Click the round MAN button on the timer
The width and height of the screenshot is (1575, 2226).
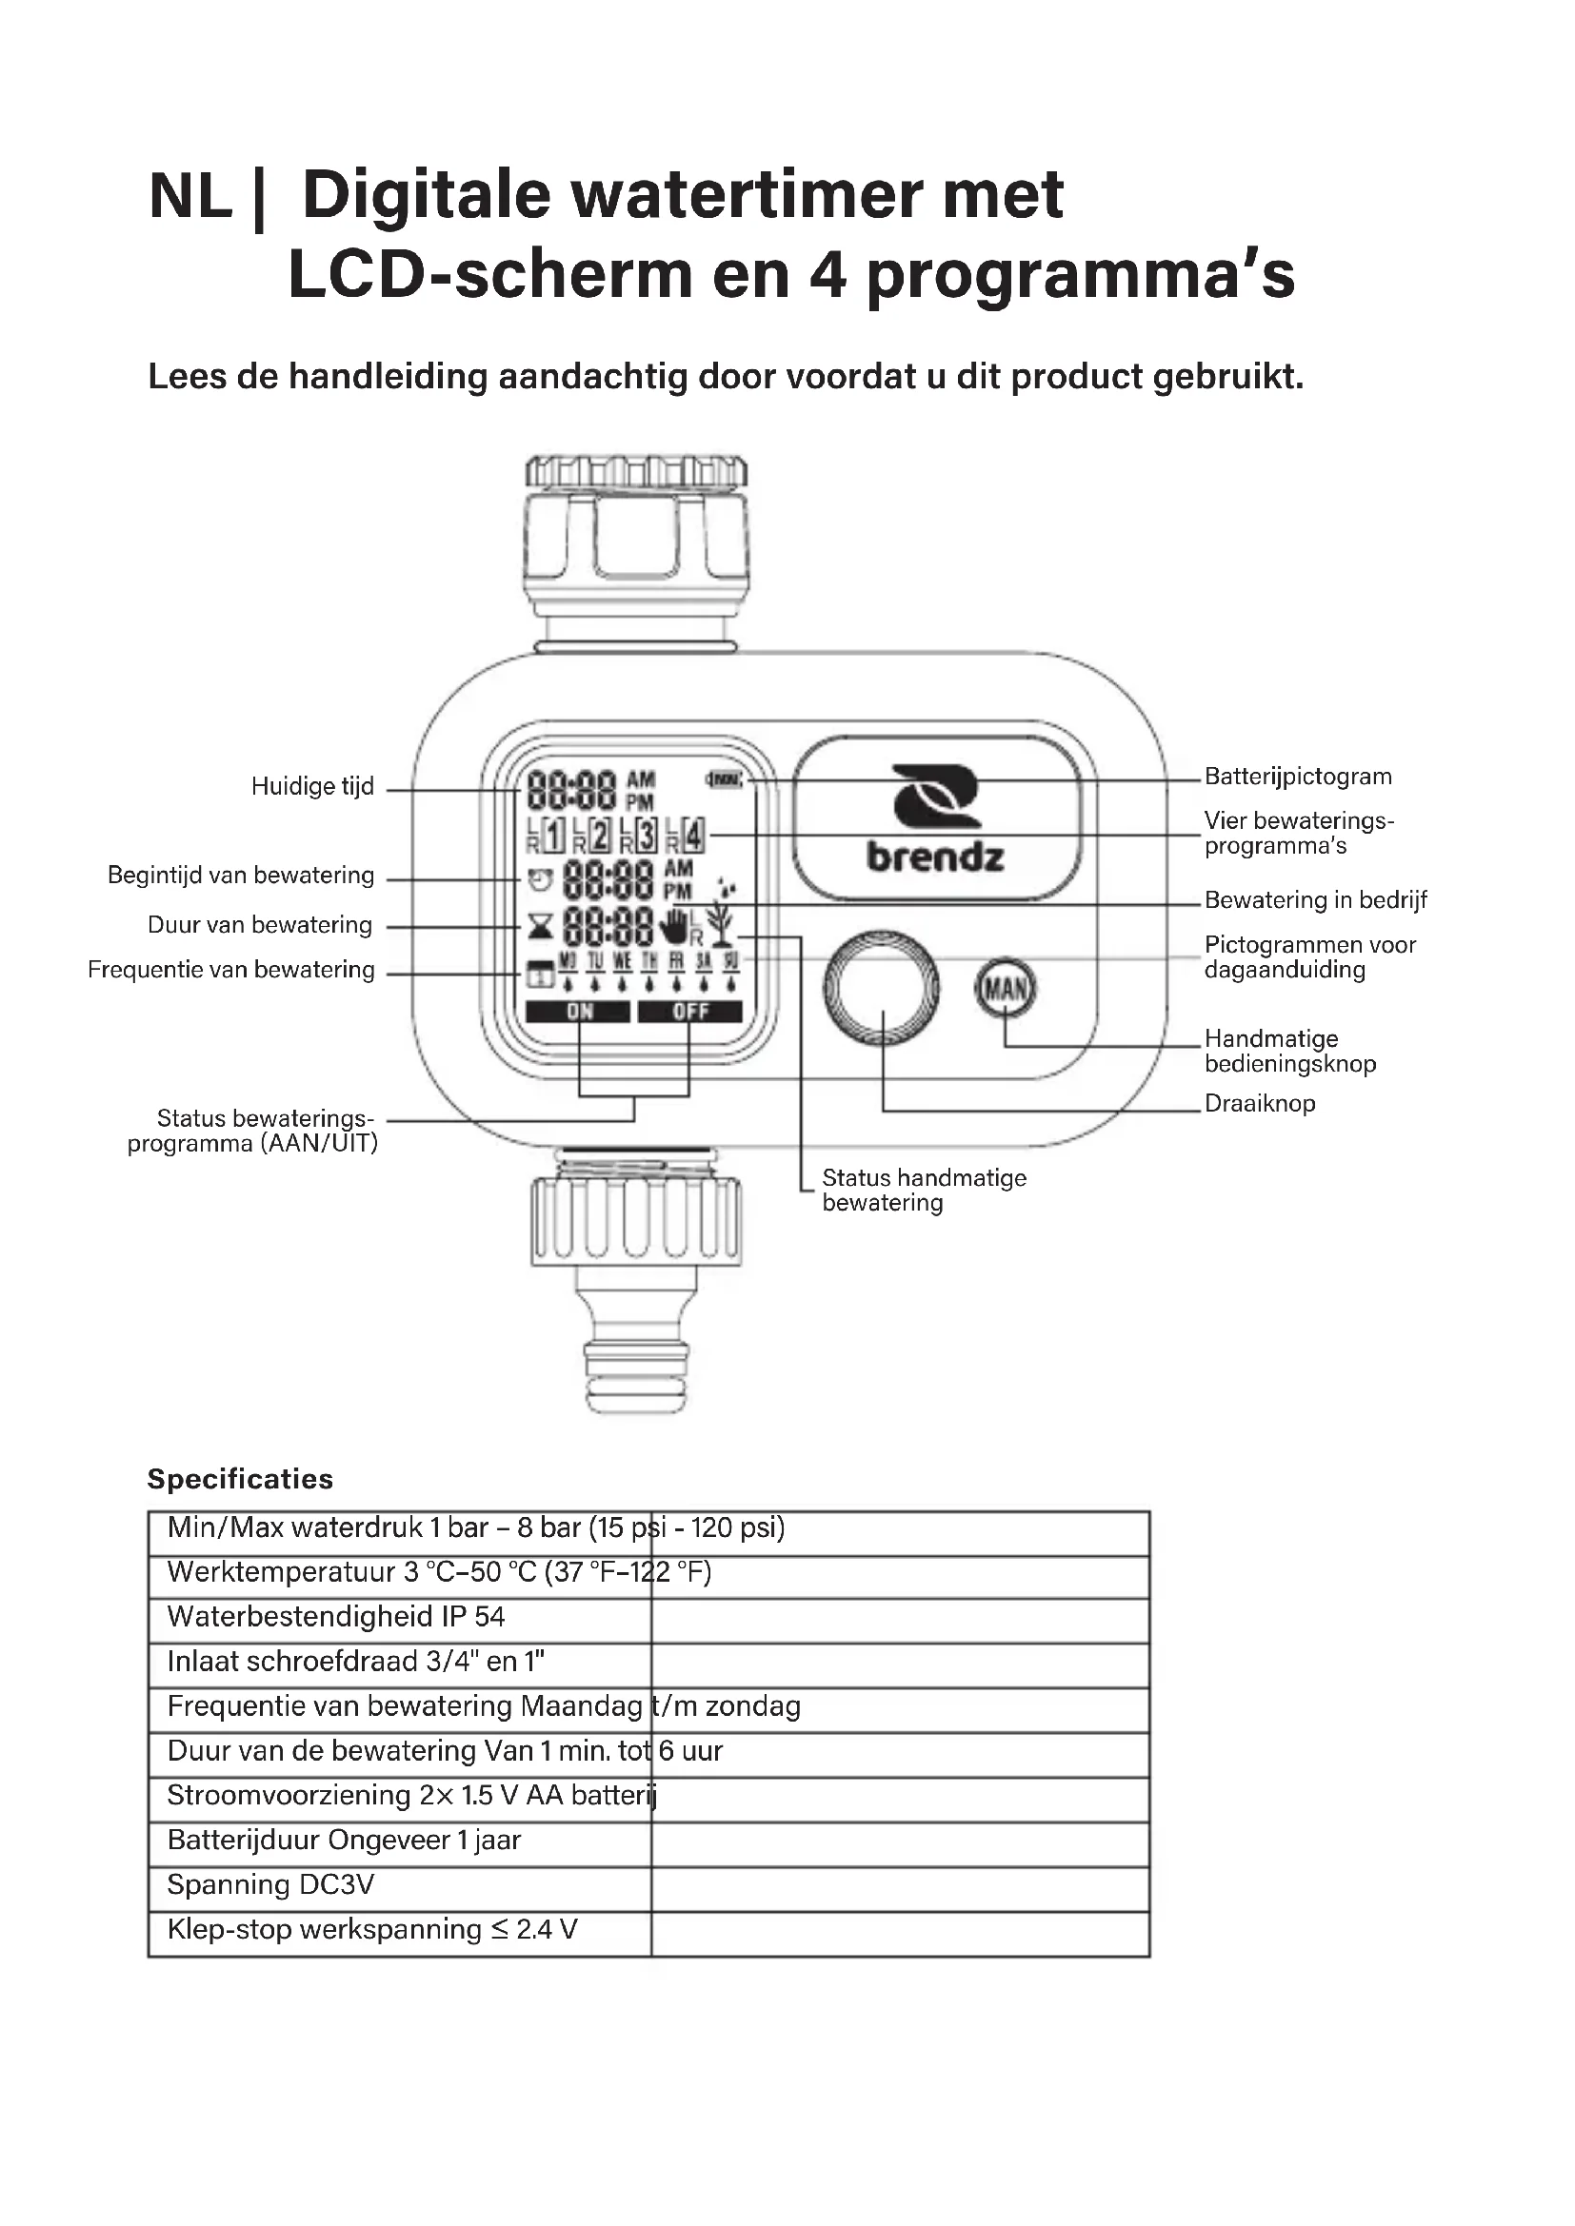point(1005,988)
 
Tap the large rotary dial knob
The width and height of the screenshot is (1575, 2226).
point(882,988)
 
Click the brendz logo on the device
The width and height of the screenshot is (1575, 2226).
point(936,818)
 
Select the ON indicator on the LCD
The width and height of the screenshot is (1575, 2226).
point(580,1013)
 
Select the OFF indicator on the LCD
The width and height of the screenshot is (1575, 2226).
point(690,1013)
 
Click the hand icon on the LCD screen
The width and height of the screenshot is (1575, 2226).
point(673,926)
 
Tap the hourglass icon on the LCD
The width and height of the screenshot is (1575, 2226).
point(540,927)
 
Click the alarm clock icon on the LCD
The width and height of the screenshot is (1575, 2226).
point(540,880)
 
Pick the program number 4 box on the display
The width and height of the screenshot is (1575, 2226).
point(693,835)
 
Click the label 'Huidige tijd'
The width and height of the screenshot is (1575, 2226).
point(312,786)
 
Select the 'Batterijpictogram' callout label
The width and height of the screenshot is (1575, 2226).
point(1298,777)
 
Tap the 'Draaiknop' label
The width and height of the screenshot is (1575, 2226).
point(1260,1103)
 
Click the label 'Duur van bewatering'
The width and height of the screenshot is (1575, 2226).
point(260,925)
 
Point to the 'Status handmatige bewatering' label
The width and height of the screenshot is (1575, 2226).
point(924,1190)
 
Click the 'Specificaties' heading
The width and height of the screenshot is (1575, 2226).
point(240,1479)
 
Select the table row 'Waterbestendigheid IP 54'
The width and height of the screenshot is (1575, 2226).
point(335,1616)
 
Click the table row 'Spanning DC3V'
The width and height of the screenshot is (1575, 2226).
point(270,1884)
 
